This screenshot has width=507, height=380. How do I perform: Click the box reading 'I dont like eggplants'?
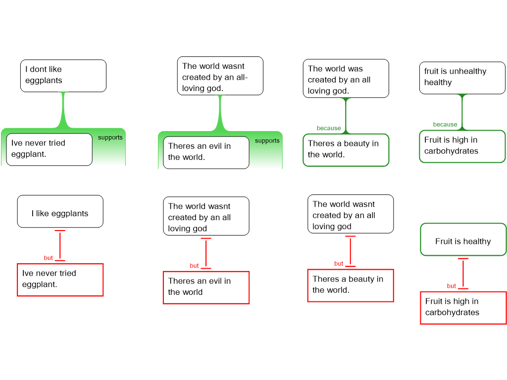coord(63,76)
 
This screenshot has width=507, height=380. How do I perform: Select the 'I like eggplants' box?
coord(60,211)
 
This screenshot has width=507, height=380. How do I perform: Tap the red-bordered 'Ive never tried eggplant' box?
coord(60,280)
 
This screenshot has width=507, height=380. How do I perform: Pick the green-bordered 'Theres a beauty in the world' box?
coord(346,150)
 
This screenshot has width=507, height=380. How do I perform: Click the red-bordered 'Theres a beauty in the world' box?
coord(351,285)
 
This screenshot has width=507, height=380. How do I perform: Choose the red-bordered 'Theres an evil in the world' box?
coord(206,287)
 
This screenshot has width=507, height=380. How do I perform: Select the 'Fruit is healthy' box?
coord(463,239)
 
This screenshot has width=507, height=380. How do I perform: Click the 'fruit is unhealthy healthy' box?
coord(462,78)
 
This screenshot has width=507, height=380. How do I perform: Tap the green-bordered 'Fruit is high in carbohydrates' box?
coord(462,146)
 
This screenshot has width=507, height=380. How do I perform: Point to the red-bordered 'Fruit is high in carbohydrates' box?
coord(463,308)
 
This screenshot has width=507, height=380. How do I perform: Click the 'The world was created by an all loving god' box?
coord(346,79)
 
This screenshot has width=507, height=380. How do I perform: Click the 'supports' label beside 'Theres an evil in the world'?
coord(267,141)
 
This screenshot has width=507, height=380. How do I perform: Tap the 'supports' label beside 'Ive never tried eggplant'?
coord(110,138)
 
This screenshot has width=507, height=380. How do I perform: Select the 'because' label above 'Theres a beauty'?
coord(329,128)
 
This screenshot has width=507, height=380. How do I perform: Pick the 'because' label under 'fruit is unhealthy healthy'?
coord(445,124)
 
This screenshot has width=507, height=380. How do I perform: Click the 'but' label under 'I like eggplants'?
coord(48,258)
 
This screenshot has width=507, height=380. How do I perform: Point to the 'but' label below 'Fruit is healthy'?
coord(452,286)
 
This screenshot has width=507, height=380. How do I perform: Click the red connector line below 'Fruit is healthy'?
coord(463,273)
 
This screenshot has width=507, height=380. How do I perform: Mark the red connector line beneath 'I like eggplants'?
coord(60,245)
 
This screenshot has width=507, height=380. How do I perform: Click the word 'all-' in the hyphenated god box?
coord(241,77)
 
